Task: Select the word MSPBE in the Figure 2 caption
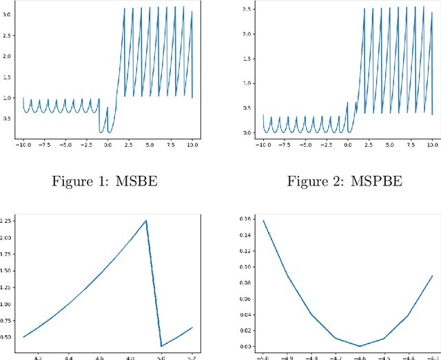click(x=378, y=183)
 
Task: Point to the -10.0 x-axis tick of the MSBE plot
click(x=23, y=145)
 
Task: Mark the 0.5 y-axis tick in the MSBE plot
click(x=8, y=118)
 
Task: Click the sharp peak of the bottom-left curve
click(x=146, y=221)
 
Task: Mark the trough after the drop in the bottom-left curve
click(x=161, y=346)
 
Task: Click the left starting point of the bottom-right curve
click(x=263, y=221)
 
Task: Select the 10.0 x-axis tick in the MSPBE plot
click(x=432, y=145)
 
